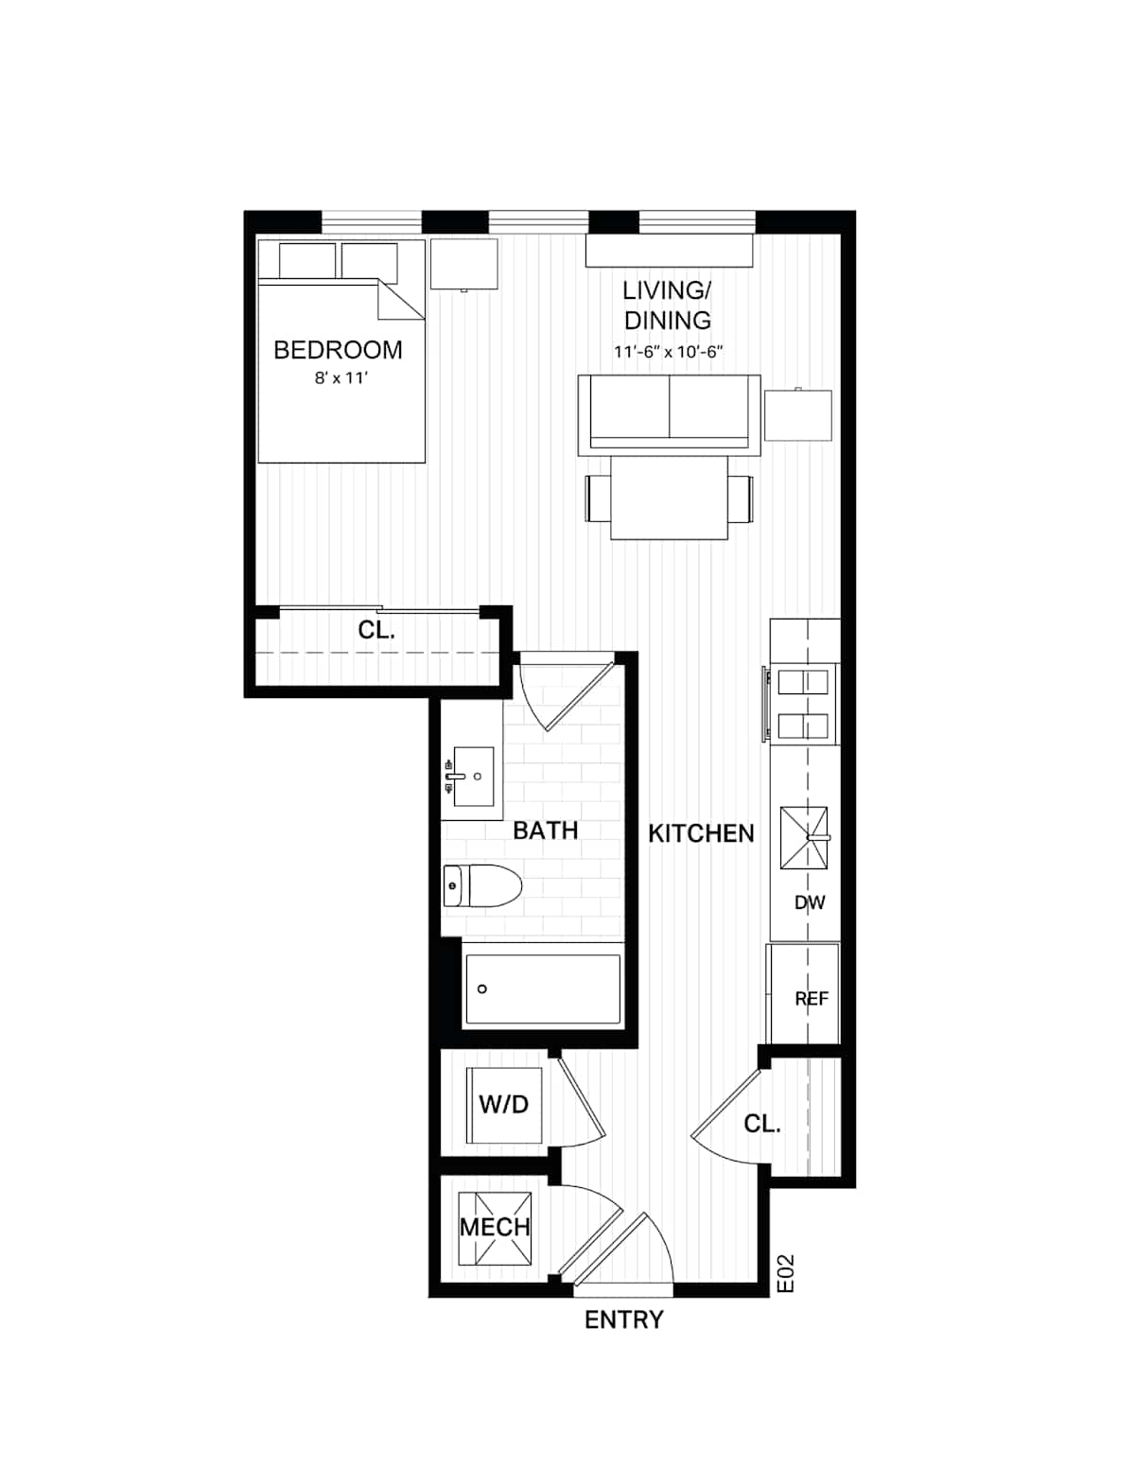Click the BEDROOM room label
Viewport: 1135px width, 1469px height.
click(338, 349)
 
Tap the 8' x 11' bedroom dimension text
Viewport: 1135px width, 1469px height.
click(340, 378)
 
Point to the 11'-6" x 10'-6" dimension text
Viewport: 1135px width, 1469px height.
click(668, 352)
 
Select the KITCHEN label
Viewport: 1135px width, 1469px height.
click(701, 833)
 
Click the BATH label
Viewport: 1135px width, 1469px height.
click(546, 831)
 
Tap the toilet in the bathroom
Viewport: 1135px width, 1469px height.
click(482, 885)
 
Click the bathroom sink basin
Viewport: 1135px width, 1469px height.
click(473, 777)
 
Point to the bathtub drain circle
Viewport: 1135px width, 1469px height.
click(482, 989)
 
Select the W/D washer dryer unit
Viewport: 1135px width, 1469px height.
click(503, 1106)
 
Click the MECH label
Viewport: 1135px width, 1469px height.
click(494, 1227)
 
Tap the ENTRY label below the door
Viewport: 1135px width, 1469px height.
click(624, 1320)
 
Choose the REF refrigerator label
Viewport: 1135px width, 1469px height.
click(812, 999)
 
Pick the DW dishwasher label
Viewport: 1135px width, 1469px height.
click(810, 902)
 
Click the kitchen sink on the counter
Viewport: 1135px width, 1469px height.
click(804, 837)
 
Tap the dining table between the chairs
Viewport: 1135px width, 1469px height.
click(670, 498)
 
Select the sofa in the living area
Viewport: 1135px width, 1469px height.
click(670, 414)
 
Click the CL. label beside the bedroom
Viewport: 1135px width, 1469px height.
click(375, 630)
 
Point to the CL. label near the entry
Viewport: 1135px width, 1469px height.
click(761, 1125)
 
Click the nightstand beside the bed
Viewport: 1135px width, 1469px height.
click(464, 264)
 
